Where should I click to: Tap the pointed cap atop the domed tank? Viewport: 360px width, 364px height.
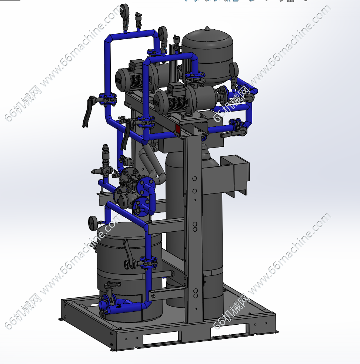click(207, 29)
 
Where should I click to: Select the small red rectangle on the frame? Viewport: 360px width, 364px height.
click(178, 129)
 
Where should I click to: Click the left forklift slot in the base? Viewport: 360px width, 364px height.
click(162, 338)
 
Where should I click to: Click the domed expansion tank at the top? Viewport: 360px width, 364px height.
click(207, 56)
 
